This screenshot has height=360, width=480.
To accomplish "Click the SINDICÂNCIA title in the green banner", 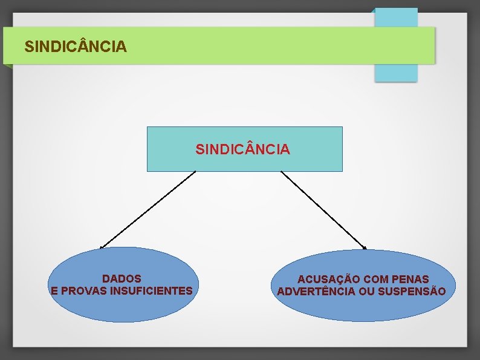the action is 76,46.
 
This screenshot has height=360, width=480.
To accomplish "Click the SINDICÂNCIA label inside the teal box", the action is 242,149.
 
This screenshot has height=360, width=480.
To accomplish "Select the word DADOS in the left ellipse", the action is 122,279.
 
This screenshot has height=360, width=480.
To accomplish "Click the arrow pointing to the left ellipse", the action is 148,209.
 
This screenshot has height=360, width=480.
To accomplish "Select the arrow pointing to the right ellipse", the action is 323,210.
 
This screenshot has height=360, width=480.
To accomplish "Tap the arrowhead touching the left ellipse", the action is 102,247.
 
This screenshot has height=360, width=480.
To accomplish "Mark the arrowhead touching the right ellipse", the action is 365,247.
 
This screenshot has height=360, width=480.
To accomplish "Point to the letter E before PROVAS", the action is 55,291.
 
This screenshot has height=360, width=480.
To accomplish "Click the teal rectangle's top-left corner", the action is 148,128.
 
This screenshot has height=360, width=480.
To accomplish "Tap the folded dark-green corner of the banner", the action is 7,66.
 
